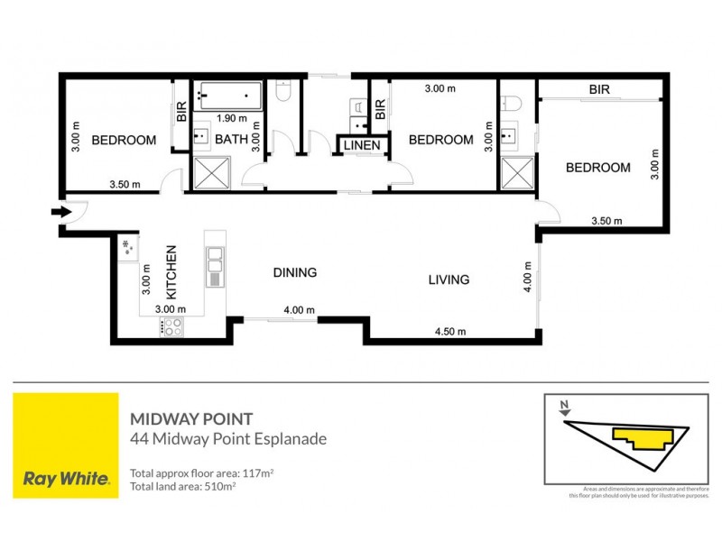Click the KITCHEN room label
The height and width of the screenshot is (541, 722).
(x=170, y=273)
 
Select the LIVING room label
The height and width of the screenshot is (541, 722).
(x=449, y=280)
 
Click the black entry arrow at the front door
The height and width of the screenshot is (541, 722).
(x=61, y=213)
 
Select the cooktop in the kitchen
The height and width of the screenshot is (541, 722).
(x=171, y=326)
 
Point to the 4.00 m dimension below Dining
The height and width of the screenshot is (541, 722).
(x=299, y=311)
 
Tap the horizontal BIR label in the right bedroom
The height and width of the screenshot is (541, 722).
(x=599, y=90)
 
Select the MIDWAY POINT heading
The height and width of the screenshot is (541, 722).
(x=190, y=419)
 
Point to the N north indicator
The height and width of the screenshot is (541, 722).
(x=563, y=405)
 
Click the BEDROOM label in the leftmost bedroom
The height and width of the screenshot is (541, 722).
(x=124, y=141)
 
